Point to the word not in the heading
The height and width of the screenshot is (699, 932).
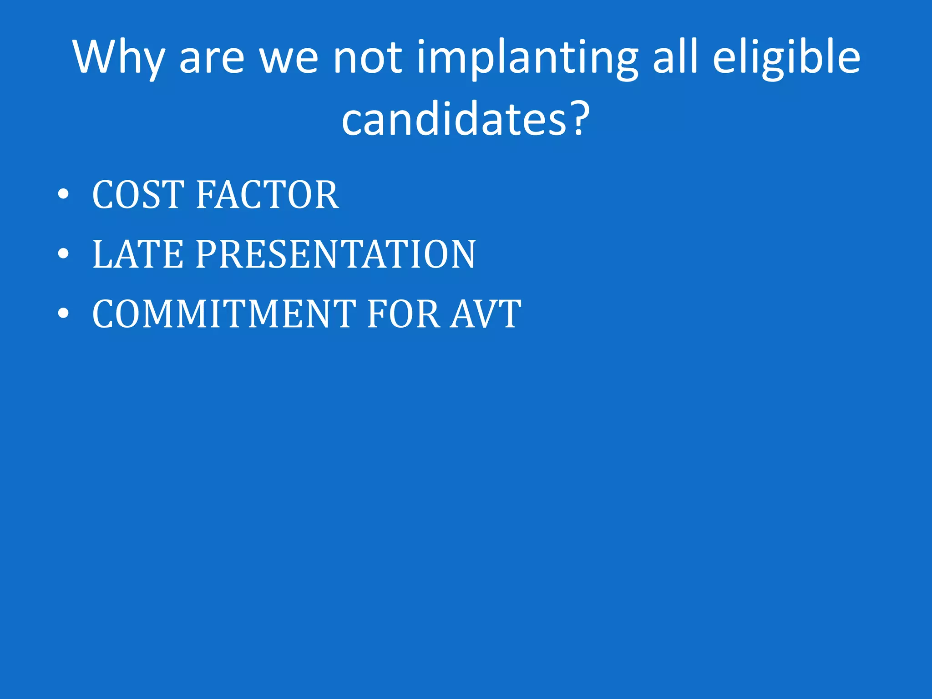(x=368, y=58)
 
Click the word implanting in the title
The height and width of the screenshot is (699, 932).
(x=527, y=58)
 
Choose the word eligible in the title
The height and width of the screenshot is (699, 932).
(x=786, y=58)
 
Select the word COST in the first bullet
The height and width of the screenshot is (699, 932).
(x=138, y=195)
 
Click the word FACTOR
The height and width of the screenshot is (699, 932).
(x=268, y=195)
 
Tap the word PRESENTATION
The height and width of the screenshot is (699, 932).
(x=336, y=254)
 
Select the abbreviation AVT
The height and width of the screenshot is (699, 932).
(x=486, y=314)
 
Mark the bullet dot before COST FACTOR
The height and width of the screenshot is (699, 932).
(x=63, y=195)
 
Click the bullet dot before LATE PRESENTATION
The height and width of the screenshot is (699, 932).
(x=63, y=254)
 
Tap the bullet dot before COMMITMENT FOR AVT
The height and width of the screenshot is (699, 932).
(x=63, y=314)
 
